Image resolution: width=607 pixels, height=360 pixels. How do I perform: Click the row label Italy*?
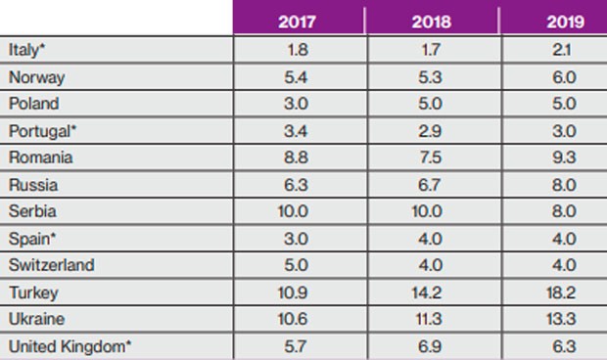coord(26,49)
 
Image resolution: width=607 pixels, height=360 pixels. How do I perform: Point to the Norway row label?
coord(31,76)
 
